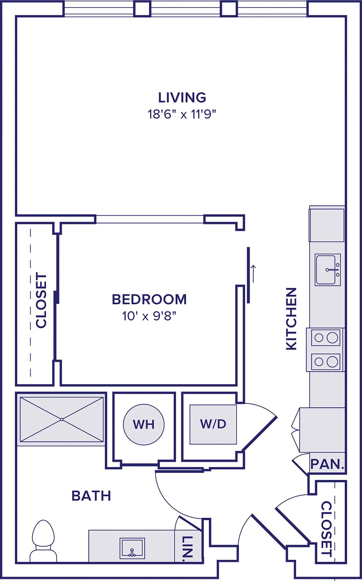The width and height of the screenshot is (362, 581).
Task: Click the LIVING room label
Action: [x=182, y=98]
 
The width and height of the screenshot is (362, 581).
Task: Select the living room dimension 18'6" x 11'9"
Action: [x=182, y=114]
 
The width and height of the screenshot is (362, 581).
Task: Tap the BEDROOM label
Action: [x=149, y=300]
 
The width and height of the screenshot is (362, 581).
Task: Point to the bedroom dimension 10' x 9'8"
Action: [x=149, y=316]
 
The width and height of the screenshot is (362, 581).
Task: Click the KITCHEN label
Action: [x=291, y=319]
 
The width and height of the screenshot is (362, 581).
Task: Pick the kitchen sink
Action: [x=328, y=270]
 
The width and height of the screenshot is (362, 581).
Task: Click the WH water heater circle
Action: [x=144, y=424]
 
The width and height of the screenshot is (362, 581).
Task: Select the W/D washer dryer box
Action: [x=213, y=424]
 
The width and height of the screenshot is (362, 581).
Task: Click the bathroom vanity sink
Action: [x=132, y=548]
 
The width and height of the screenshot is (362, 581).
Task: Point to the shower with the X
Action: [x=62, y=419]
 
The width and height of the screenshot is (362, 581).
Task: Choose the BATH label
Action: [x=91, y=496]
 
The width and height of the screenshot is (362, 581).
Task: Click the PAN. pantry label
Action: [x=327, y=464]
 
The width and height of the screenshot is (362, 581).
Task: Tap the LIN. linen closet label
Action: [x=188, y=548]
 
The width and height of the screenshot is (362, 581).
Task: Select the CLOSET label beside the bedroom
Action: [x=41, y=300]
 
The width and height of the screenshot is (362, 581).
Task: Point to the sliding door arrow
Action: [x=253, y=274]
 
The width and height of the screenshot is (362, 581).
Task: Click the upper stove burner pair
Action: [x=326, y=338]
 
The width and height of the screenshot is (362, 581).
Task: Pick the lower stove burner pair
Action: [x=326, y=362]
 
